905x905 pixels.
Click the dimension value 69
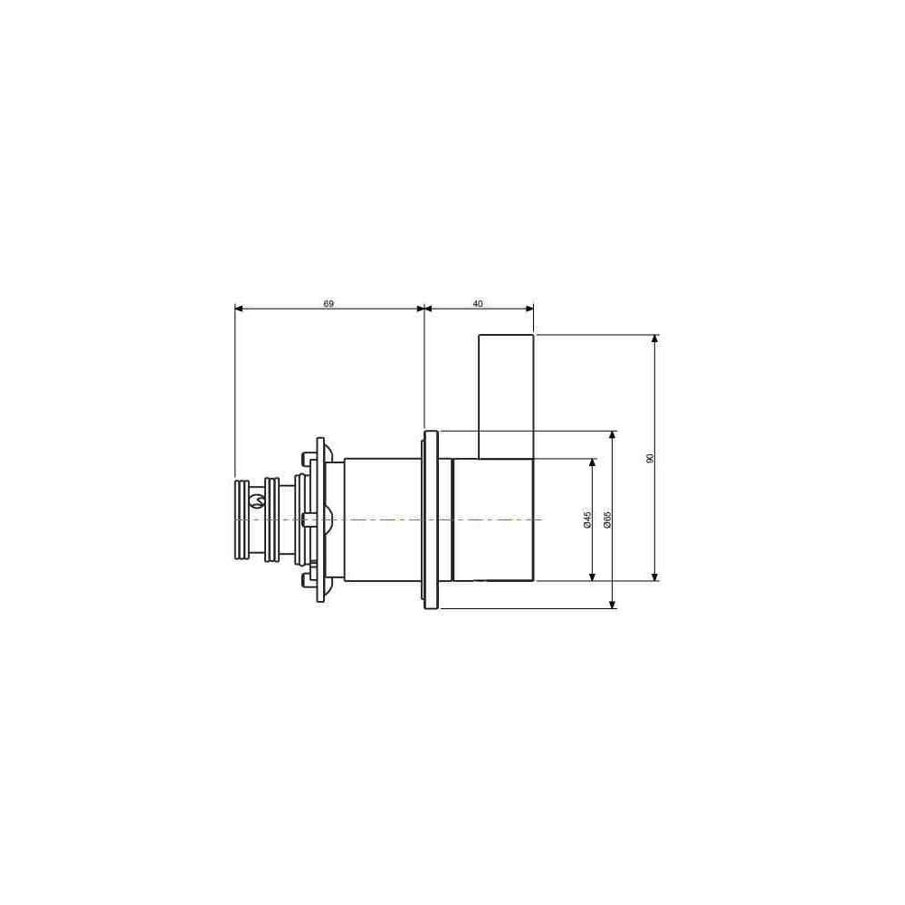pos(329,303)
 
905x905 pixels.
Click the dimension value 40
pos(478,303)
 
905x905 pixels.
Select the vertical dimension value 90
pos(650,458)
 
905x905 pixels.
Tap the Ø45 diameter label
pos(587,519)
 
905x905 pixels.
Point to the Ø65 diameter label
pos(607,519)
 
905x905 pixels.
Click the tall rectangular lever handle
pos(506,396)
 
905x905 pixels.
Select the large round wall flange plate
pos(431,519)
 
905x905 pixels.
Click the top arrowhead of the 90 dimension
pos(654,338)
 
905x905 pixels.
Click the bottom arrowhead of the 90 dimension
pos(654,576)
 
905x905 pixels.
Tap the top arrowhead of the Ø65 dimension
pos(613,435)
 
